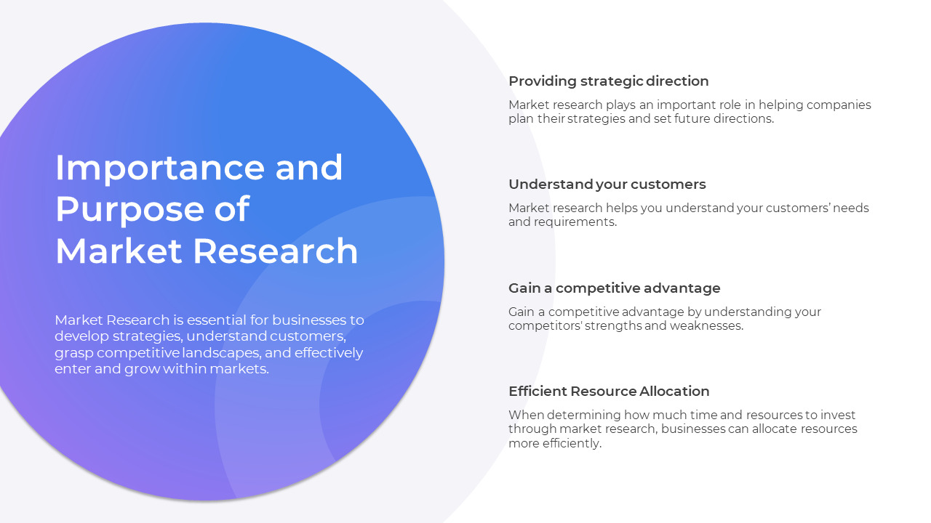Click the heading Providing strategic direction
pos(608,81)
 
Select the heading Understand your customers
pos(607,184)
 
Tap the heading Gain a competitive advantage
pos(614,288)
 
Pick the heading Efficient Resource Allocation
pos(609,391)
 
